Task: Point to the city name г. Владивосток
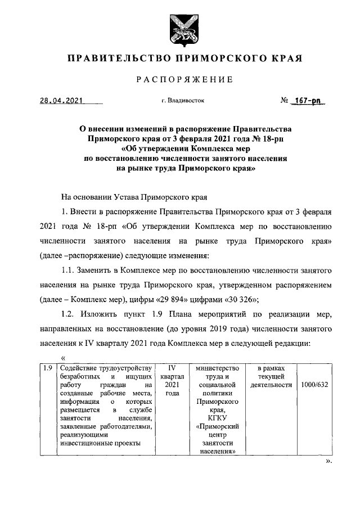point(183,101)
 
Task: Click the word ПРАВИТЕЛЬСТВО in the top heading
point(118,58)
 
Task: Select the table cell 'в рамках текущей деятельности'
point(271,376)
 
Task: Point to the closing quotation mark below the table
point(329,461)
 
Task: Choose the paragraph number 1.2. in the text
point(70,313)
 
